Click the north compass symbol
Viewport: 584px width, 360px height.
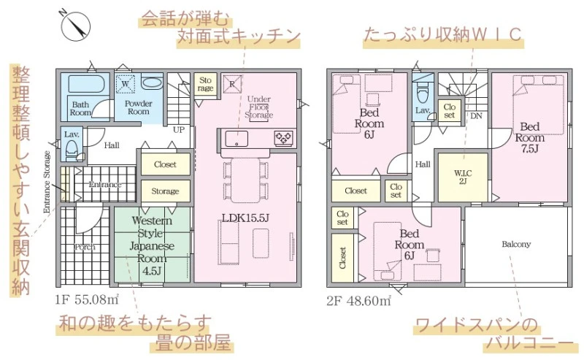coord(76,26)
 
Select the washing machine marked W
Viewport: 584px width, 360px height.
coord(125,83)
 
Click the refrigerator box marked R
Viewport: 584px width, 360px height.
coord(232,84)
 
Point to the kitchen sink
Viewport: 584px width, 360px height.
coord(236,139)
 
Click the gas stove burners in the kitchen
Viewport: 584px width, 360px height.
coord(283,138)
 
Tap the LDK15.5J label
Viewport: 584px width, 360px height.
coord(245,218)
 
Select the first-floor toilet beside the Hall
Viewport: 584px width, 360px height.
coord(72,150)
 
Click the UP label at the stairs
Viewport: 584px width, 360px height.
coord(178,130)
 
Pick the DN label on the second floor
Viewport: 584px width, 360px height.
coord(476,116)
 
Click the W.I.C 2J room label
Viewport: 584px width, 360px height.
coord(463,177)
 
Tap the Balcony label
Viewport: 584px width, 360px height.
coord(516,244)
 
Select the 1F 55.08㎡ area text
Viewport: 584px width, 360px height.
coord(87,299)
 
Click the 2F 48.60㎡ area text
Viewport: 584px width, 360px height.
coord(358,300)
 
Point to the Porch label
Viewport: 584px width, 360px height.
coord(85,247)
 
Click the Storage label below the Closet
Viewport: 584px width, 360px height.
coord(165,191)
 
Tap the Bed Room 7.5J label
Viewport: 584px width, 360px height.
coord(530,137)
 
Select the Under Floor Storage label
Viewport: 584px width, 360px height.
coord(259,107)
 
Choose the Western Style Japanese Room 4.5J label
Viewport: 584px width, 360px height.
coord(152,245)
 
